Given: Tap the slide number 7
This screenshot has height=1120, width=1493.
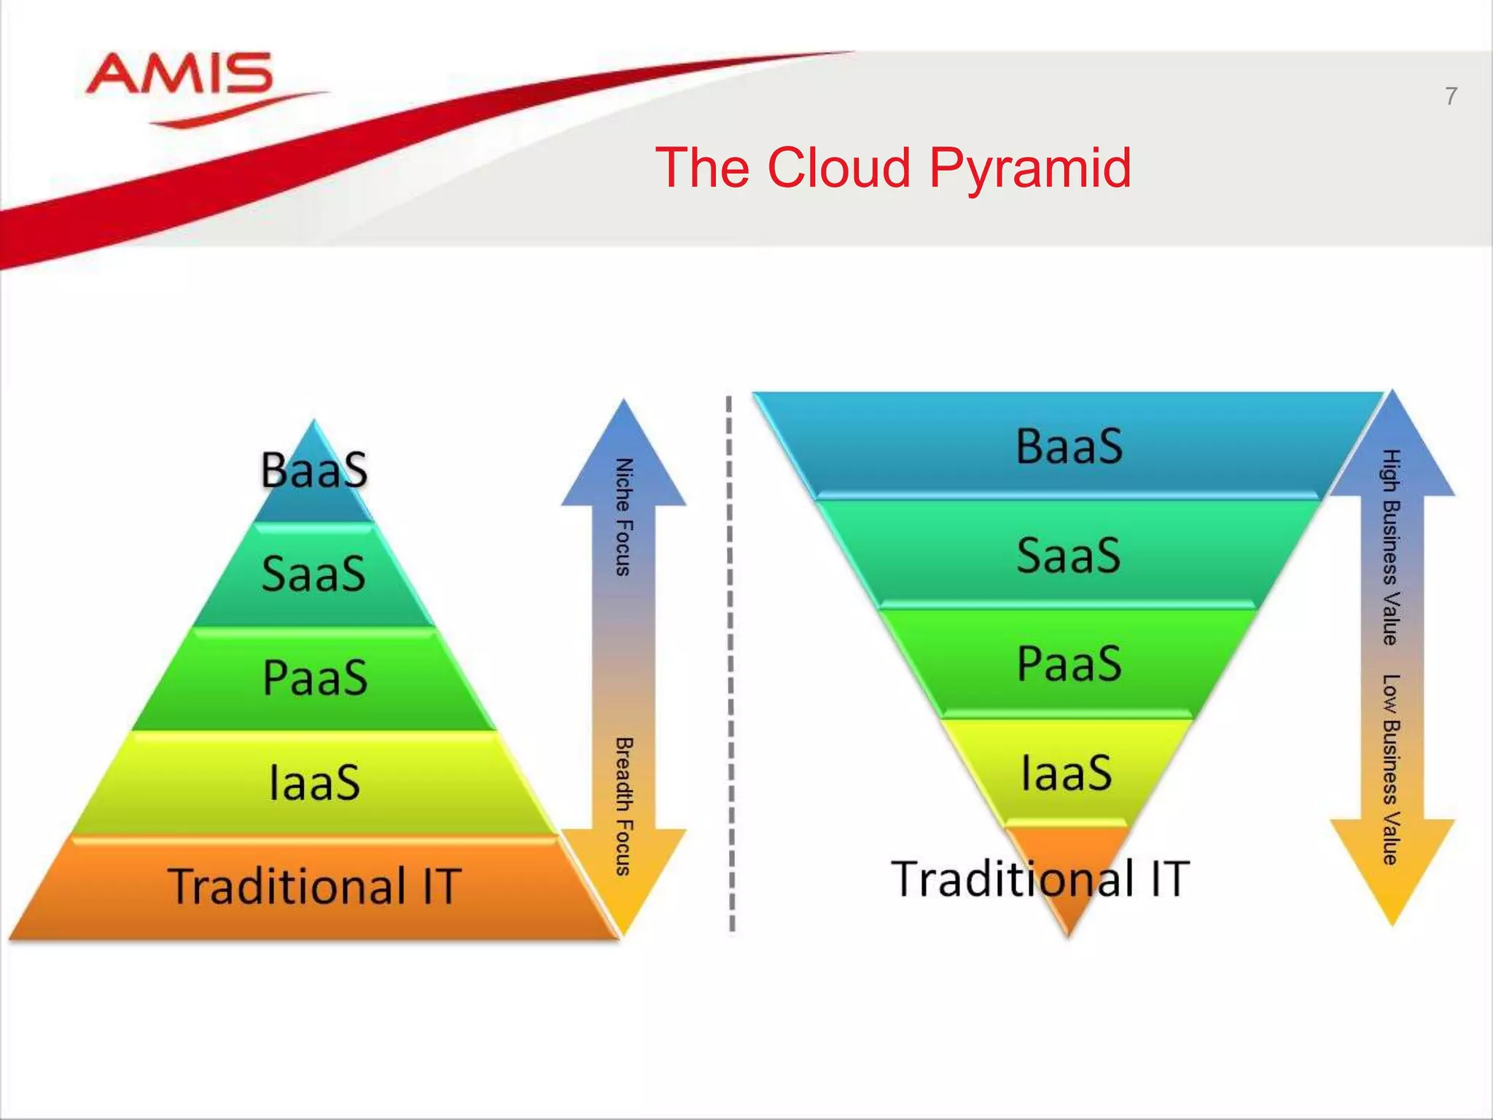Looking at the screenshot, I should click(x=1451, y=97).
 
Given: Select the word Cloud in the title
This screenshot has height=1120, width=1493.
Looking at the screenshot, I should click(x=839, y=168).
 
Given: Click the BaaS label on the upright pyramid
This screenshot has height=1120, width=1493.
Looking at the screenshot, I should click(x=314, y=470).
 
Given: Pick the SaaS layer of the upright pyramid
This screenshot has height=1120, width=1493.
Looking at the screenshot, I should click(x=314, y=574).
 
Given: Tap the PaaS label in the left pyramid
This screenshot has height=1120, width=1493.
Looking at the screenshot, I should click(x=314, y=678).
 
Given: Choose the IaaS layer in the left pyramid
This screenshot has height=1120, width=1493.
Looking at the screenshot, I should click(x=314, y=782).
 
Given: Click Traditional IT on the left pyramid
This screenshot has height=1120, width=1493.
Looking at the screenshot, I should click(x=314, y=886).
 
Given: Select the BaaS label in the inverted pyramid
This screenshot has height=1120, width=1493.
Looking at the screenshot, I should click(x=1069, y=446).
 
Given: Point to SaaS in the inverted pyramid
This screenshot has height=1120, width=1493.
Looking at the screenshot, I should click(x=1069, y=556).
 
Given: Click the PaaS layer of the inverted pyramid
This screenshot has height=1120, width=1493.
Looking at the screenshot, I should click(x=1069, y=664).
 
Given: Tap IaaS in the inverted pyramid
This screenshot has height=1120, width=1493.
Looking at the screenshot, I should click(x=1067, y=773).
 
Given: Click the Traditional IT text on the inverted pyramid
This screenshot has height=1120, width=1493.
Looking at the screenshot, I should click(x=1040, y=879).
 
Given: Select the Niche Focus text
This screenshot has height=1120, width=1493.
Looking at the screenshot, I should click(x=623, y=517).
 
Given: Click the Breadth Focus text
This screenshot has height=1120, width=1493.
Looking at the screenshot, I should click(x=623, y=806).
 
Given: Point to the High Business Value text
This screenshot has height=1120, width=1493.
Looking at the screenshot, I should click(x=1391, y=547).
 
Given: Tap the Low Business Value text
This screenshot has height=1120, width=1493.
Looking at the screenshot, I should click(x=1391, y=769).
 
